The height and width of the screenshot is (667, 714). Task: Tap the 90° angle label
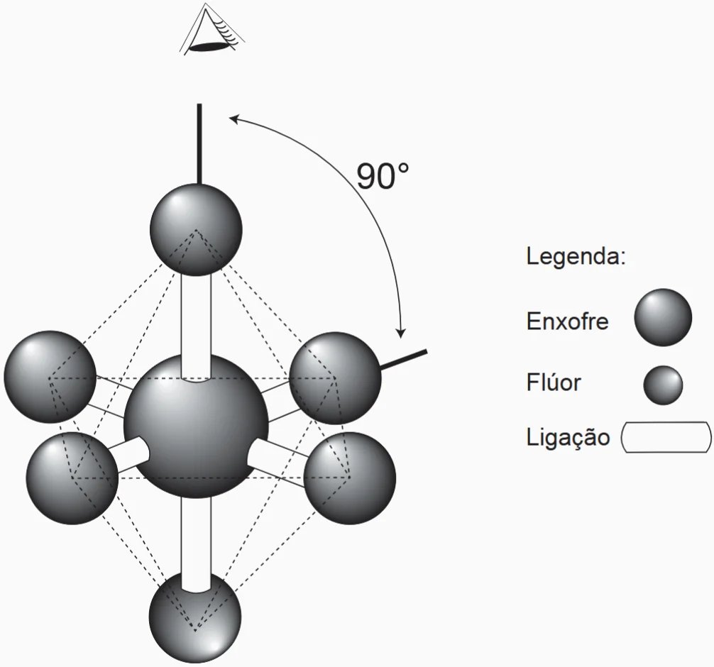coord(383,177)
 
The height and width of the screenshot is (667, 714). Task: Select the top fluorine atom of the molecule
coord(197,229)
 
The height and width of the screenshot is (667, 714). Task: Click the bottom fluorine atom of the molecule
coord(195,617)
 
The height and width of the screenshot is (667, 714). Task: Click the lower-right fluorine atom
coord(351,476)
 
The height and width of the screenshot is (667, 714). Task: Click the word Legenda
coord(576,256)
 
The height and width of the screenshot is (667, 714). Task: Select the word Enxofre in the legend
coord(567,321)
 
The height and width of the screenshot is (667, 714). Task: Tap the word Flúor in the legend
coord(554,383)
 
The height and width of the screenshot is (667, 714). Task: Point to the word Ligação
coord(568,437)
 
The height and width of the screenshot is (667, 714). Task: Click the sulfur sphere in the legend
coord(663,317)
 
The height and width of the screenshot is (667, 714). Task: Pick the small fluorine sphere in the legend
coord(663,385)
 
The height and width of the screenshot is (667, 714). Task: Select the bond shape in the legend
coord(666,437)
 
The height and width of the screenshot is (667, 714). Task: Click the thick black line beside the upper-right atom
coord(404,360)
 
